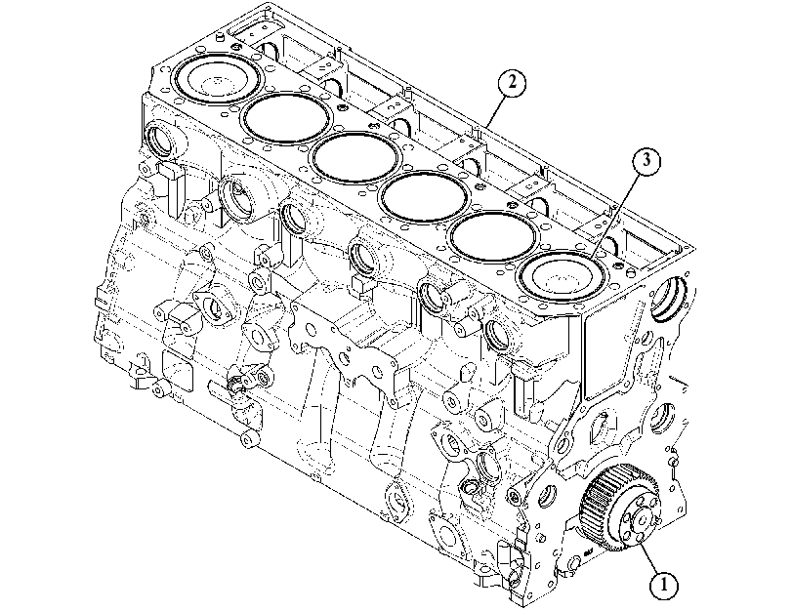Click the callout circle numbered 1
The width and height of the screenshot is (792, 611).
pos(664,585)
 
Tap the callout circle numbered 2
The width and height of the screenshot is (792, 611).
pos(512,82)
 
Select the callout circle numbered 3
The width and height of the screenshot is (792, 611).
pos(646,161)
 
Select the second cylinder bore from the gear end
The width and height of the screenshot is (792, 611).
pos(492,236)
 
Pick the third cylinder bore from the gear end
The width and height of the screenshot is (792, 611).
pos(424,196)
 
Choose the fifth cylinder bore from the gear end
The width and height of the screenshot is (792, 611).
pos(286,118)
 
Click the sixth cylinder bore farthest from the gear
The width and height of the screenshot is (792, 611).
pos(217,79)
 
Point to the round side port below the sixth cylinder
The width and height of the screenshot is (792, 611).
pos(159,139)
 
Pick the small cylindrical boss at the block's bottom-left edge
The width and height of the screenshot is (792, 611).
pos(248,439)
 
